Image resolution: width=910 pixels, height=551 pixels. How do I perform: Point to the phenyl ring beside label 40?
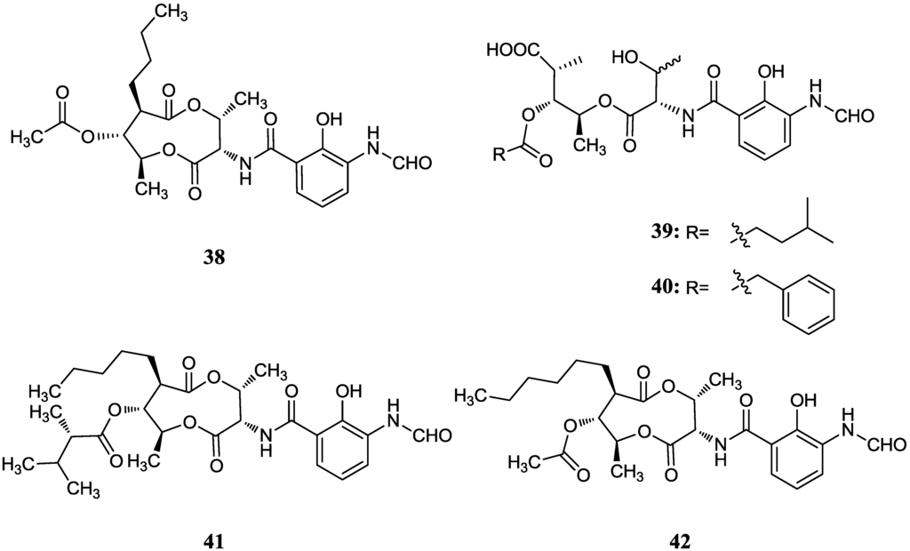808,304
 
